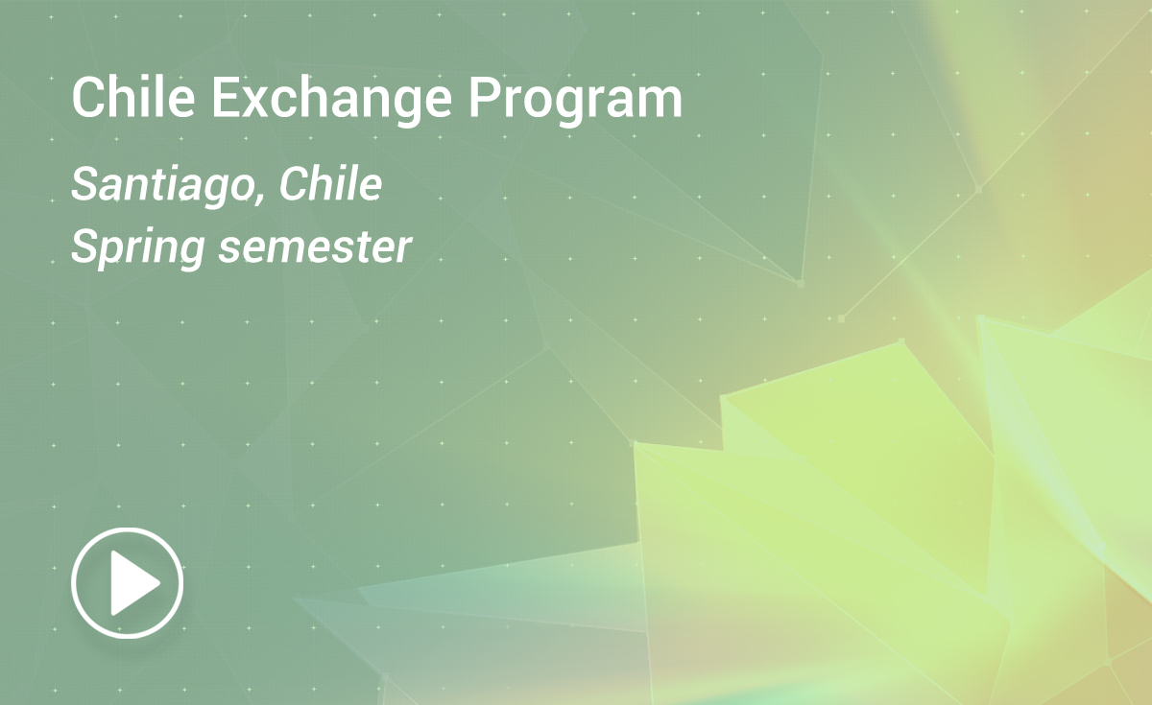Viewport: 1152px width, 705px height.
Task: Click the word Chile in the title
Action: click(x=133, y=98)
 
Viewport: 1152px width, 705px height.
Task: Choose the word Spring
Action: click(x=138, y=249)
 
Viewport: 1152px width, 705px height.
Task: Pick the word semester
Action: click(x=315, y=247)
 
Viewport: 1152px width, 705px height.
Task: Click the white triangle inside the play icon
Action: click(x=134, y=583)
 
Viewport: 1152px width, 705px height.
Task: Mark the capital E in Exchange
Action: click(x=225, y=98)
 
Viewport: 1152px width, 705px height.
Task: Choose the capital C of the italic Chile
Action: click(x=296, y=183)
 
